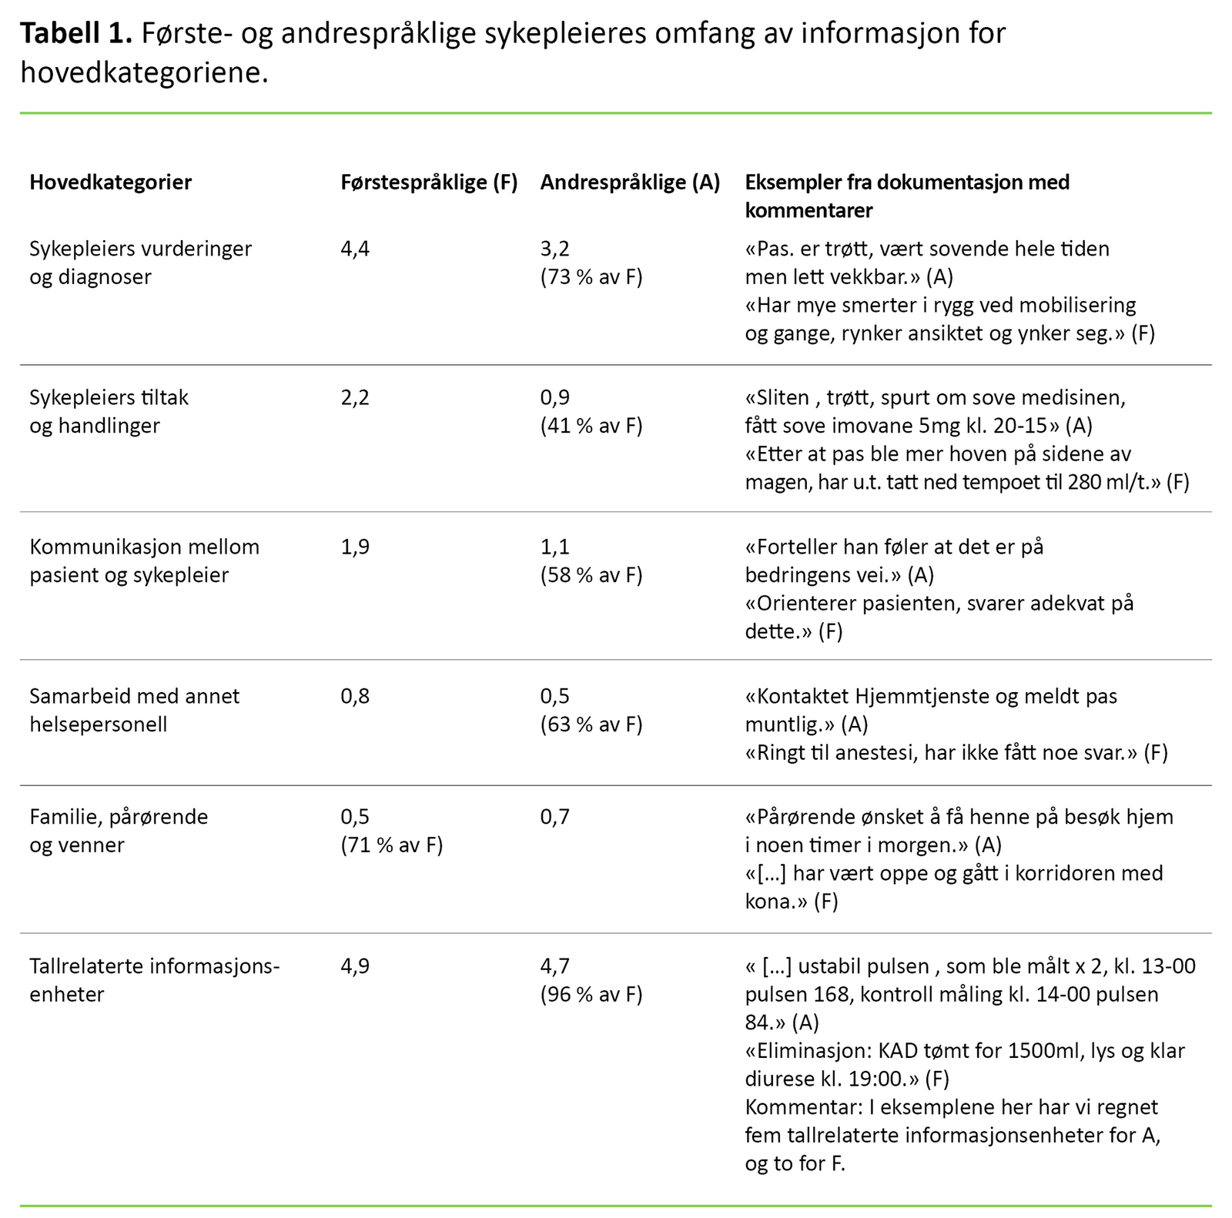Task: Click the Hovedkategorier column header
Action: click(110, 182)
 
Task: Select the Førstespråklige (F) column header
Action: click(429, 182)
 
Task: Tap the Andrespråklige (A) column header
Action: click(630, 182)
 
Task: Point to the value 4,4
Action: click(355, 249)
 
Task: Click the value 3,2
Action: click(554, 249)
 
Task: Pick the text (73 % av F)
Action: click(591, 277)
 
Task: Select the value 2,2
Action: click(355, 398)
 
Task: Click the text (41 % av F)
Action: click(591, 426)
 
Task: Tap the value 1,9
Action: click(355, 547)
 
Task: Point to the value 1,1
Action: click(554, 547)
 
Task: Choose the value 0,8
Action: click(355, 697)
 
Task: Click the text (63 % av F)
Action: click(591, 724)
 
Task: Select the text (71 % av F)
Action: click(392, 845)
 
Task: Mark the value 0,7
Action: click(554, 817)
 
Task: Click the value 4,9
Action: click(355, 966)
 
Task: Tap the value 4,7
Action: click(554, 966)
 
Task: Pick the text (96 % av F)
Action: click(591, 995)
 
